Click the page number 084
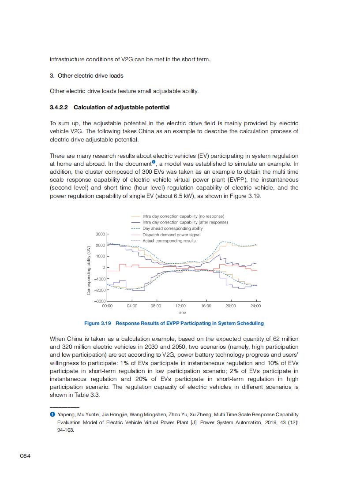pyautogui.click(x=25, y=455)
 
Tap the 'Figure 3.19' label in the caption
pyautogui.click(x=97, y=323)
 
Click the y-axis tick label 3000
pyautogui.click(x=100, y=234)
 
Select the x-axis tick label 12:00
pyautogui.click(x=180, y=306)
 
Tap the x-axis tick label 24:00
pyautogui.click(x=255, y=306)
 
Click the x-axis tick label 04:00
pyautogui.click(x=132, y=306)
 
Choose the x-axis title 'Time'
pyautogui.click(x=181, y=312)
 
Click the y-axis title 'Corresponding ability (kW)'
pyautogui.click(x=89, y=270)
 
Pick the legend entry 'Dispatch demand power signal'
pyautogui.click(x=171, y=235)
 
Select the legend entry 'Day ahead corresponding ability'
pyautogui.click(x=172, y=228)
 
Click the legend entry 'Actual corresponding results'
pyautogui.click(x=169, y=241)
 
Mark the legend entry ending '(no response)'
pyautogui.click(x=183, y=216)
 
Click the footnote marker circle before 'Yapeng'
pyautogui.click(x=52, y=414)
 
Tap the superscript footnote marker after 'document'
pyautogui.click(x=154, y=162)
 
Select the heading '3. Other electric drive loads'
pyautogui.click(x=86, y=76)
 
